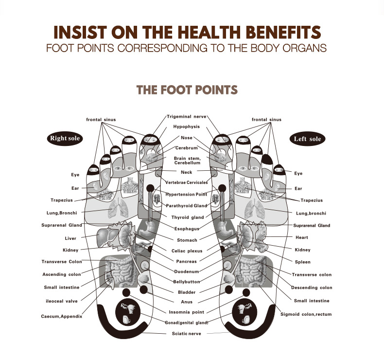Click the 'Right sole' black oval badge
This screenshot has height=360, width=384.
click(x=65, y=139)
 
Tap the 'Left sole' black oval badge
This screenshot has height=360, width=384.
click(x=307, y=139)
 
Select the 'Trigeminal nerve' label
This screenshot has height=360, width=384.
click(x=186, y=117)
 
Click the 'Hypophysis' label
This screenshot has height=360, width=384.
click(x=186, y=126)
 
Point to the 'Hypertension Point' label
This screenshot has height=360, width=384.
click(x=186, y=194)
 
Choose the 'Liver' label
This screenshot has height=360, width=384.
click(x=70, y=238)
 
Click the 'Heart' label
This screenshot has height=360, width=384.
click(x=302, y=237)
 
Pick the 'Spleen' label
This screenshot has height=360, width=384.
click(x=303, y=262)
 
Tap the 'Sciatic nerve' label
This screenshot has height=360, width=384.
click(x=186, y=334)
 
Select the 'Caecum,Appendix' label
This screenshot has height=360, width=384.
click(x=62, y=316)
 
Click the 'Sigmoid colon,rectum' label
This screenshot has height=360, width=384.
click(x=306, y=314)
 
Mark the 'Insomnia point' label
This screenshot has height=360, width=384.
click(x=186, y=312)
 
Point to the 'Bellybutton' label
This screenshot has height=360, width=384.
click(x=187, y=282)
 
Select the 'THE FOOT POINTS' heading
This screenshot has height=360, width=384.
click(x=187, y=90)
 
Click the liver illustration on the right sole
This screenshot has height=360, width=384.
click(x=107, y=236)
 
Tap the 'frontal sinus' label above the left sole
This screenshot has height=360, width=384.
click(x=266, y=120)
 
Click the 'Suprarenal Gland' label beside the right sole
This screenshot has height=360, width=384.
click(x=62, y=225)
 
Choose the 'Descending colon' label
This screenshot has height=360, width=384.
click(x=312, y=288)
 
